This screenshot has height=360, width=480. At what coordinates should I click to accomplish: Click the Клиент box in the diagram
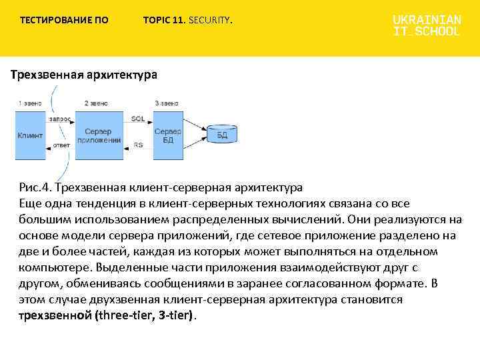(x=30, y=135)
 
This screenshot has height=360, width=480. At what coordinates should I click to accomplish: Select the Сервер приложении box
(x=99, y=135)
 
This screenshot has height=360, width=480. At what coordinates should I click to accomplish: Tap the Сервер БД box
(x=168, y=135)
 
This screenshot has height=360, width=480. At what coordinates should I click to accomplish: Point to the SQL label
(x=138, y=118)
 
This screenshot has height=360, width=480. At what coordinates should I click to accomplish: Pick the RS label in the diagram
(x=138, y=145)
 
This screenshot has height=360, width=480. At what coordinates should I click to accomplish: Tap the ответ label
(x=61, y=145)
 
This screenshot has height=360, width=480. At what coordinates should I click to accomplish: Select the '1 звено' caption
(x=30, y=103)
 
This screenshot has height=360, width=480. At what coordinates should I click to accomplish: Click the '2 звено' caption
(x=96, y=103)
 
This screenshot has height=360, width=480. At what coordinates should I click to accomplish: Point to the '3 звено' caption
(x=167, y=103)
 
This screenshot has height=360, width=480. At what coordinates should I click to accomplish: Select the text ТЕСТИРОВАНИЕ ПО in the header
(x=64, y=21)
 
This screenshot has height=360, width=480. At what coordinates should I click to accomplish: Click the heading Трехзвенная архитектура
(x=84, y=75)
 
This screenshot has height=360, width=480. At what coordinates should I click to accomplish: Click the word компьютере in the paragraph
(x=55, y=267)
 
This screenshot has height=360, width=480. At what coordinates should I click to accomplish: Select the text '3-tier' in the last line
(x=175, y=315)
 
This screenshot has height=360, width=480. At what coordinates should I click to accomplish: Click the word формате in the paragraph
(x=394, y=283)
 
